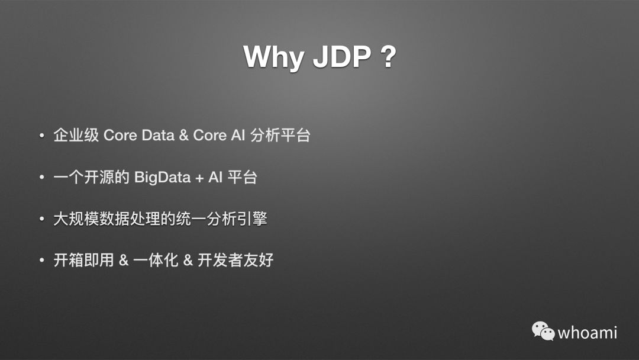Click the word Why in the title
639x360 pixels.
(273, 57)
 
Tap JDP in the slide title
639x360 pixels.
(342, 56)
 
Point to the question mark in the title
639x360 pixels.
(388, 56)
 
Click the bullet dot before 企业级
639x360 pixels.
(41, 136)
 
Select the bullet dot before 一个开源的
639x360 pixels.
(41, 177)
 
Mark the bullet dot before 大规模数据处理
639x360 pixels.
(41, 219)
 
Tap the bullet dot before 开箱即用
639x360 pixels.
(41, 260)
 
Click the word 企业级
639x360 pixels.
(76, 136)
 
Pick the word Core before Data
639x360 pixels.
(120, 136)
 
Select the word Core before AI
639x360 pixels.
(209, 136)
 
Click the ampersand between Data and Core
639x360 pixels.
(184, 136)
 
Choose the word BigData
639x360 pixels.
(162, 178)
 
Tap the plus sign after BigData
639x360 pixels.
(199, 178)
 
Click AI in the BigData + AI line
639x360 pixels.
(215, 177)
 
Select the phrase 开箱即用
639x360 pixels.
(83, 260)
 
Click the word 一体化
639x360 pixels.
(155, 260)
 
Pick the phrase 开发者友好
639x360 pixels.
(235, 260)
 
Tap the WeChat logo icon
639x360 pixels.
(543, 330)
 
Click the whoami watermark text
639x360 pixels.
(588, 333)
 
